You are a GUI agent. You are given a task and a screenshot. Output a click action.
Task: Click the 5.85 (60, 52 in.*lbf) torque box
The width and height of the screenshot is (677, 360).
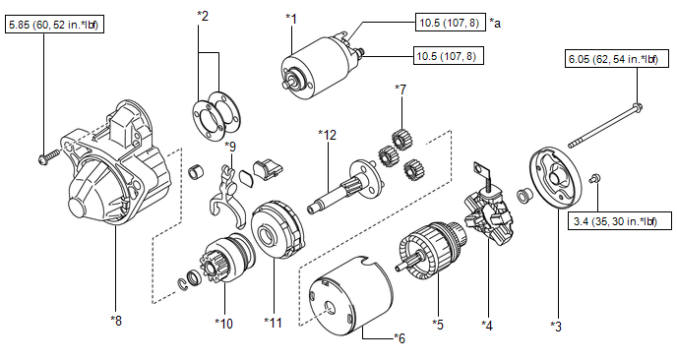point(54,25)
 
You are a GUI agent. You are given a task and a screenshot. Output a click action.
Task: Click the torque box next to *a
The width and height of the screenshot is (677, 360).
point(450,23)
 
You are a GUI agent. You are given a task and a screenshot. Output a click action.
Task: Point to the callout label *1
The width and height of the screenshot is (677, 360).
point(292,19)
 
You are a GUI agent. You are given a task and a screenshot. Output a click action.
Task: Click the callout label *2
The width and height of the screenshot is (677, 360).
point(203,17)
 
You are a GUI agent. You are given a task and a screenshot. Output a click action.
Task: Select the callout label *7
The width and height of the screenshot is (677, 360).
point(400,90)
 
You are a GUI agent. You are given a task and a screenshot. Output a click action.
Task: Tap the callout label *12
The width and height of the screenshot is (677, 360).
point(327,135)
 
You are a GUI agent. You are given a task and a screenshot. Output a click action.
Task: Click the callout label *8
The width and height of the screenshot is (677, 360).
point(116,321)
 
